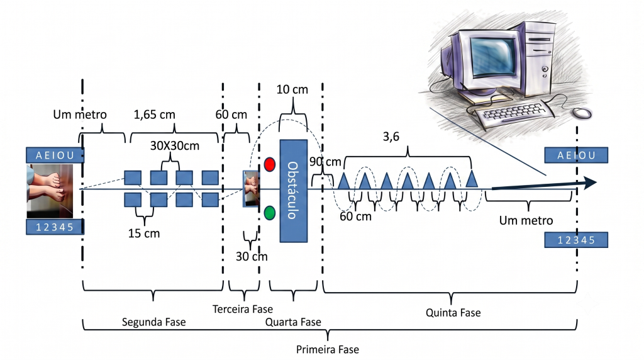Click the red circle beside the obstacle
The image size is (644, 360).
pyautogui.click(x=269, y=164)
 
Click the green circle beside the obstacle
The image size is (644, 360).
pyautogui.click(x=269, y=213)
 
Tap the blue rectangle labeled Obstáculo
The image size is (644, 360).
pyautogui.click(x=294, y=191)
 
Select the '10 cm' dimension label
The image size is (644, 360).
pyautogui.click(x=292, y=89)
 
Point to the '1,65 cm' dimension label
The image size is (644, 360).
pyautogui.click(x=155, y=115)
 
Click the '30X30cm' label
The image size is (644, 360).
pyautogui.click(x=175, y=145)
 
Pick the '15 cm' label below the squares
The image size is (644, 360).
pyautogui.click(x=144, y=233)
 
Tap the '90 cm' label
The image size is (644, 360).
pyautogui.click(x=325, y=162)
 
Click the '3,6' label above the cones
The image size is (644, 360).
pyautogui.click(x=391, y=137)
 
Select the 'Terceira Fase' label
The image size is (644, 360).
pyautogui.click(x=242, y=309)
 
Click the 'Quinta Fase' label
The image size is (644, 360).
pyautogui.click(x=453, y=313)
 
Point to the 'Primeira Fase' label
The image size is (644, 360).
pyautogui.click(x=327, y=349)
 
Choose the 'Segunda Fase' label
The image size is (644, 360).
pyautogui.click(x=153, y=322)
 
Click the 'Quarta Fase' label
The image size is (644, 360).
pyautogui.click(x=293, y=322)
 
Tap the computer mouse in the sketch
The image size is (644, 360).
pyautogui.click(x=582, y=112)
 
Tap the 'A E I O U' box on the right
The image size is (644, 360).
pyautogui.click(x=576, y=155)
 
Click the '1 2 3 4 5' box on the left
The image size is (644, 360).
pyautogui.click(x=55, y=227)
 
